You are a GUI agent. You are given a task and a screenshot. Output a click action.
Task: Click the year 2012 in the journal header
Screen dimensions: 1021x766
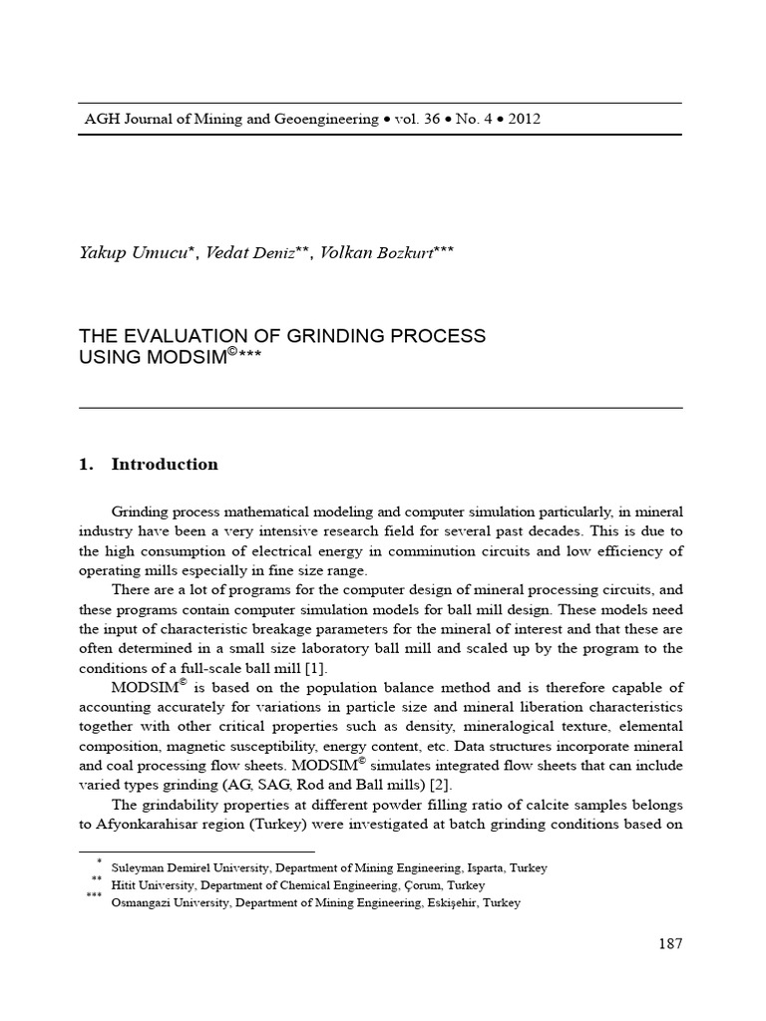(x=525, y=119)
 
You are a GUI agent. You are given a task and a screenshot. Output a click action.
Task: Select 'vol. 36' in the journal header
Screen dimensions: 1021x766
(x=417, y=119)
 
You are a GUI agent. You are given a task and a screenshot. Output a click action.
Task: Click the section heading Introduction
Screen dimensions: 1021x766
(x=165, y=464)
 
